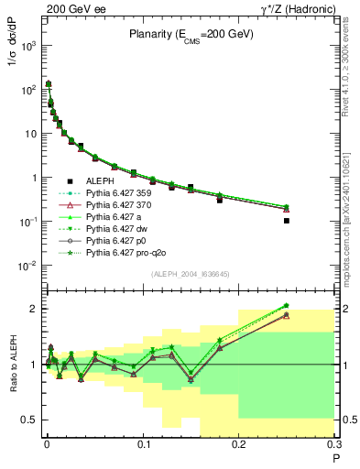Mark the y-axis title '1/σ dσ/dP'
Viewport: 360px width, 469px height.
13,60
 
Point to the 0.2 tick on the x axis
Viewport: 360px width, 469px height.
239,447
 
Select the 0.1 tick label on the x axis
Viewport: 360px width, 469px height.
142,447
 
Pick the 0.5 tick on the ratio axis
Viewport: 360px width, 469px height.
32,420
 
